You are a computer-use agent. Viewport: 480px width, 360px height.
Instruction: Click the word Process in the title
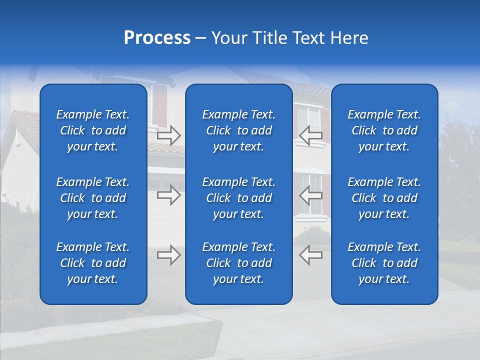[157, 38]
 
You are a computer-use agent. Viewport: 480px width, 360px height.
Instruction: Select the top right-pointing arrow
[168, 134]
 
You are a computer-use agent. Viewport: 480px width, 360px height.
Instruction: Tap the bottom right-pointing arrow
[168, 255]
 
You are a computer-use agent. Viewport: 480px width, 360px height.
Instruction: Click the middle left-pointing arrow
[310, 195]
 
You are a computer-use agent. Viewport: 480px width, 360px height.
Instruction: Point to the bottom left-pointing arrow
[310, 255]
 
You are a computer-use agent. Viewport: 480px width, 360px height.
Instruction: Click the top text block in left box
[93, 130]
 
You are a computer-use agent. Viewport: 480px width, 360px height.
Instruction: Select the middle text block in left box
[93, 198]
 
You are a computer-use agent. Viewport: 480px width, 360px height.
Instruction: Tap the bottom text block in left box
[93, 263]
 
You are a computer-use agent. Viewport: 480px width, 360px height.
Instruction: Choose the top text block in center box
[238, 130]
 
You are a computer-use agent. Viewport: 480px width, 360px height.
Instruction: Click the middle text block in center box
[238, 198]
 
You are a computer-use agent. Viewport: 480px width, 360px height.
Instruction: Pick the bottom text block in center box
[238, 263]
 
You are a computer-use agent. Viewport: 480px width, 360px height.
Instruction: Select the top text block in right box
[384, 130]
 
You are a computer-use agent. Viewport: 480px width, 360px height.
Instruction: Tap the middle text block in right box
[384, 198]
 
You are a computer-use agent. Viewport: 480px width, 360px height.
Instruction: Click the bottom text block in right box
[384, 263]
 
